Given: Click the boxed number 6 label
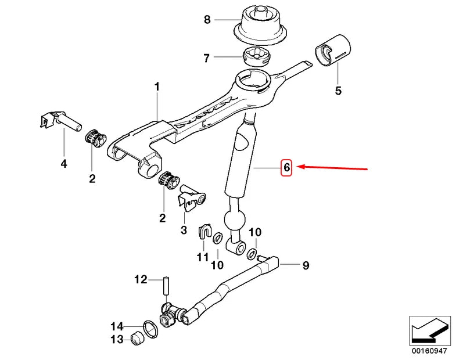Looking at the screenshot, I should [x=286, y=168].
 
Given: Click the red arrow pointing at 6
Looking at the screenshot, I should [x=333, y=168].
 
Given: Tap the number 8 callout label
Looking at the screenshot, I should [x=207, y=20].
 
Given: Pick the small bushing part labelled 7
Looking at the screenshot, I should [x=256, y=57].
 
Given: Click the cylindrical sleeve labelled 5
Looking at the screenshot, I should [x=333, y=51].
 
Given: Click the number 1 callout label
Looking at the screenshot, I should [x=156, y=87].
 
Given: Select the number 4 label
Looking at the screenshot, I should [x=63, y=164].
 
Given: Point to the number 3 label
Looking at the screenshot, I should [x=184, y=231].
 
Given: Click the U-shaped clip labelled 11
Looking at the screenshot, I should [x=205, y=231].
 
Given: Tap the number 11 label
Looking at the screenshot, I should [x=202, y=255].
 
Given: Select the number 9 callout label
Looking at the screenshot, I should [x=305, y=266].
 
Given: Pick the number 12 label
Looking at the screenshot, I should [x=142, y=280].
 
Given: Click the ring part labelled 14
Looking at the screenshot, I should [x=150, y=329].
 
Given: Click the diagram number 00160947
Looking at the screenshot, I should [x=430, y=351].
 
